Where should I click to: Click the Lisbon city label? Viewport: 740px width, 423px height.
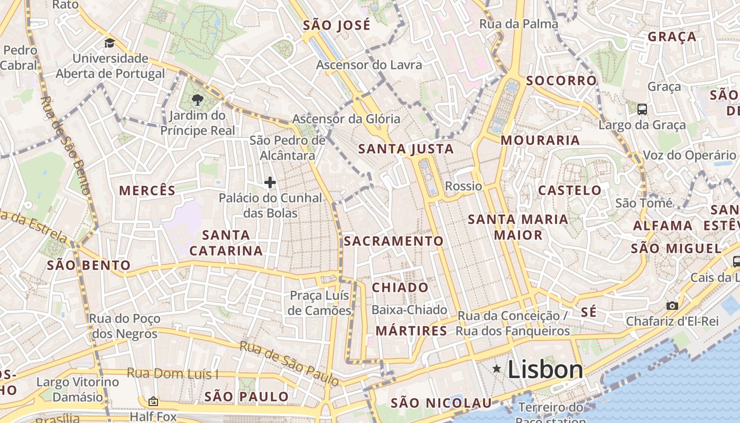(545, 369)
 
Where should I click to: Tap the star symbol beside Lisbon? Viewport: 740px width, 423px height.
(496, 369)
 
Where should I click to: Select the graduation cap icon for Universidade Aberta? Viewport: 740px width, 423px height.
(109, 43)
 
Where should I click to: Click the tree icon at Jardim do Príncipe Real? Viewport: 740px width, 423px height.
(198, 99)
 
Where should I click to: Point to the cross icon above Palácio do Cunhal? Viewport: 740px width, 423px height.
(270, 182)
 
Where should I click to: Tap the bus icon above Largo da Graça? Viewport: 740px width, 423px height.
(642, 109)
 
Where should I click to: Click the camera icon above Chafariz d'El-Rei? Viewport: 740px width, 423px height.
(672, 306)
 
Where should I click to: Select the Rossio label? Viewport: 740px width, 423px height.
(464, 186)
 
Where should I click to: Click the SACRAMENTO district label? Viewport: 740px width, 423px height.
(394, 241)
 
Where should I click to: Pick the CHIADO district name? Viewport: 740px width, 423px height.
(400, 288)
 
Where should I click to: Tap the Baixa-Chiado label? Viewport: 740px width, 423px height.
(410, 310)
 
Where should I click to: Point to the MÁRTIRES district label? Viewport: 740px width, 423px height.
(411, 331)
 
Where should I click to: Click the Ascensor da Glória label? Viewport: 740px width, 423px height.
(346, 119)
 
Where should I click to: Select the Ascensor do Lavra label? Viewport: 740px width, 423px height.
(369, 65)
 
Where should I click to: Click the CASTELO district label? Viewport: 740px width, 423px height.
(570, 190)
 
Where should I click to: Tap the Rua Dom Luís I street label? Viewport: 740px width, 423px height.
(172, 374)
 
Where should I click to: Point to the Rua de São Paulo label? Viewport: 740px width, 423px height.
(289, 363)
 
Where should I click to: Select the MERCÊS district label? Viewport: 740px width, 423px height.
(147, 191)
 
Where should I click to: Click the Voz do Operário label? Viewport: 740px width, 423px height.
(689, 155)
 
